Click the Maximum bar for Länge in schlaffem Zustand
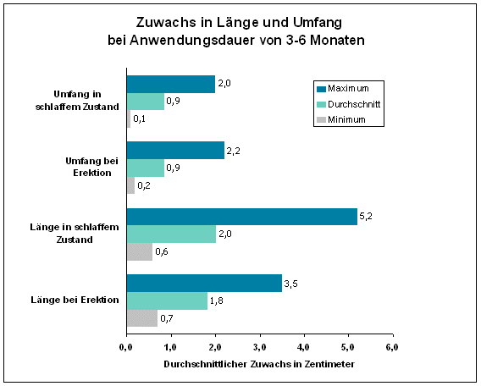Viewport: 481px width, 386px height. [x=241, y=217]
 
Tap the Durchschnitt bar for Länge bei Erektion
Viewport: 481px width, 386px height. [x=167, y=301]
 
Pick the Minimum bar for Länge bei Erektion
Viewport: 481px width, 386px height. [x=141, y=318]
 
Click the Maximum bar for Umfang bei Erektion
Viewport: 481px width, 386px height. [x=175, y=151]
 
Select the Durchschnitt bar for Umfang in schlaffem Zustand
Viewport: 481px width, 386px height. [x=146, y=101]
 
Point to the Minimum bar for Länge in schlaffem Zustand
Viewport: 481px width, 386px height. [x=140, y=251]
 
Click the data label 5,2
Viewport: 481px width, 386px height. [x=366, y=217]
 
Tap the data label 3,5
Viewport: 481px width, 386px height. [x=290, y=284]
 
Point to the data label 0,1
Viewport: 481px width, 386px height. [x=140, y=119]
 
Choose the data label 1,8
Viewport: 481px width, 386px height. [x=216, y=301]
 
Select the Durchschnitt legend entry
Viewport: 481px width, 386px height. [x=353, y=103]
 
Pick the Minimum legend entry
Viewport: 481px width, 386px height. [x=346, y=119]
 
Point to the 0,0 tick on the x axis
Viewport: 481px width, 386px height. [x=126, y=346]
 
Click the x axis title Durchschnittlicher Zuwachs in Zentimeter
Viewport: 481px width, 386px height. [x=258, y=363]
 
